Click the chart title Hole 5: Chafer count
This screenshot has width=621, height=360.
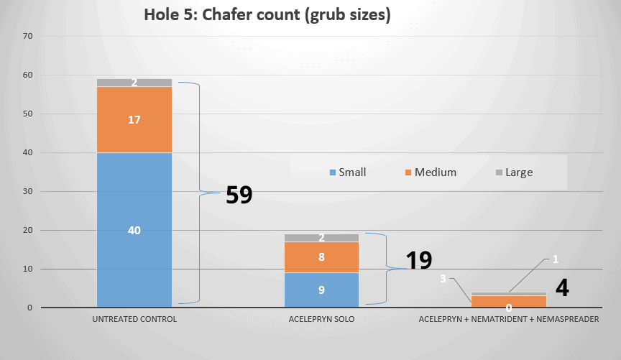coord(267,15)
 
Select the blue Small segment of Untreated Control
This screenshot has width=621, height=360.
coord(134,230)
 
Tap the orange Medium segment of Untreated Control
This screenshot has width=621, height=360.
coord(134,120)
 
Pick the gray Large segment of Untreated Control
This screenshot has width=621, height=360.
coord(134,83)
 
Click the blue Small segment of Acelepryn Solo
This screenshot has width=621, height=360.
coord(321,290)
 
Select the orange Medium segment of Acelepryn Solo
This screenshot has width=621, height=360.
coord(321,257)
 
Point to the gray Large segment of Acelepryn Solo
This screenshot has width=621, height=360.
coord(321,238)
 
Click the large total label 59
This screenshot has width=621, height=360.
coord(239,195)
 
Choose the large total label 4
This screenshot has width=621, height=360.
coord(563,288)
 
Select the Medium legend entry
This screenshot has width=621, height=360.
coord(430,172)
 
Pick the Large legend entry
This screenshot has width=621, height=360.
coord(513,172)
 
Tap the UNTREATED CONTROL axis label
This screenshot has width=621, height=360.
coord(134,319)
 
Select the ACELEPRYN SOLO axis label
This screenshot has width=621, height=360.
coord(321,319)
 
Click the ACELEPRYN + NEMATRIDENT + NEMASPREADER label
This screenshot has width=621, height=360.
coord(509,319)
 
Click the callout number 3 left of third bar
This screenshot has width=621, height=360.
coord(443,278)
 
